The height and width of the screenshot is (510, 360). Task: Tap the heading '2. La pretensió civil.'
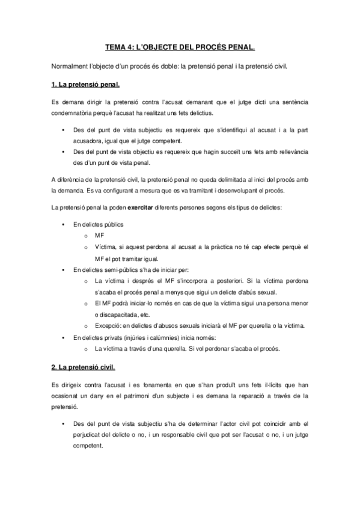(84, 366)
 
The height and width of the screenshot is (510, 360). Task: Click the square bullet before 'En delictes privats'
(63, 337)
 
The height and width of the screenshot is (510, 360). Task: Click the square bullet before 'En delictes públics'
(63, 224)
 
